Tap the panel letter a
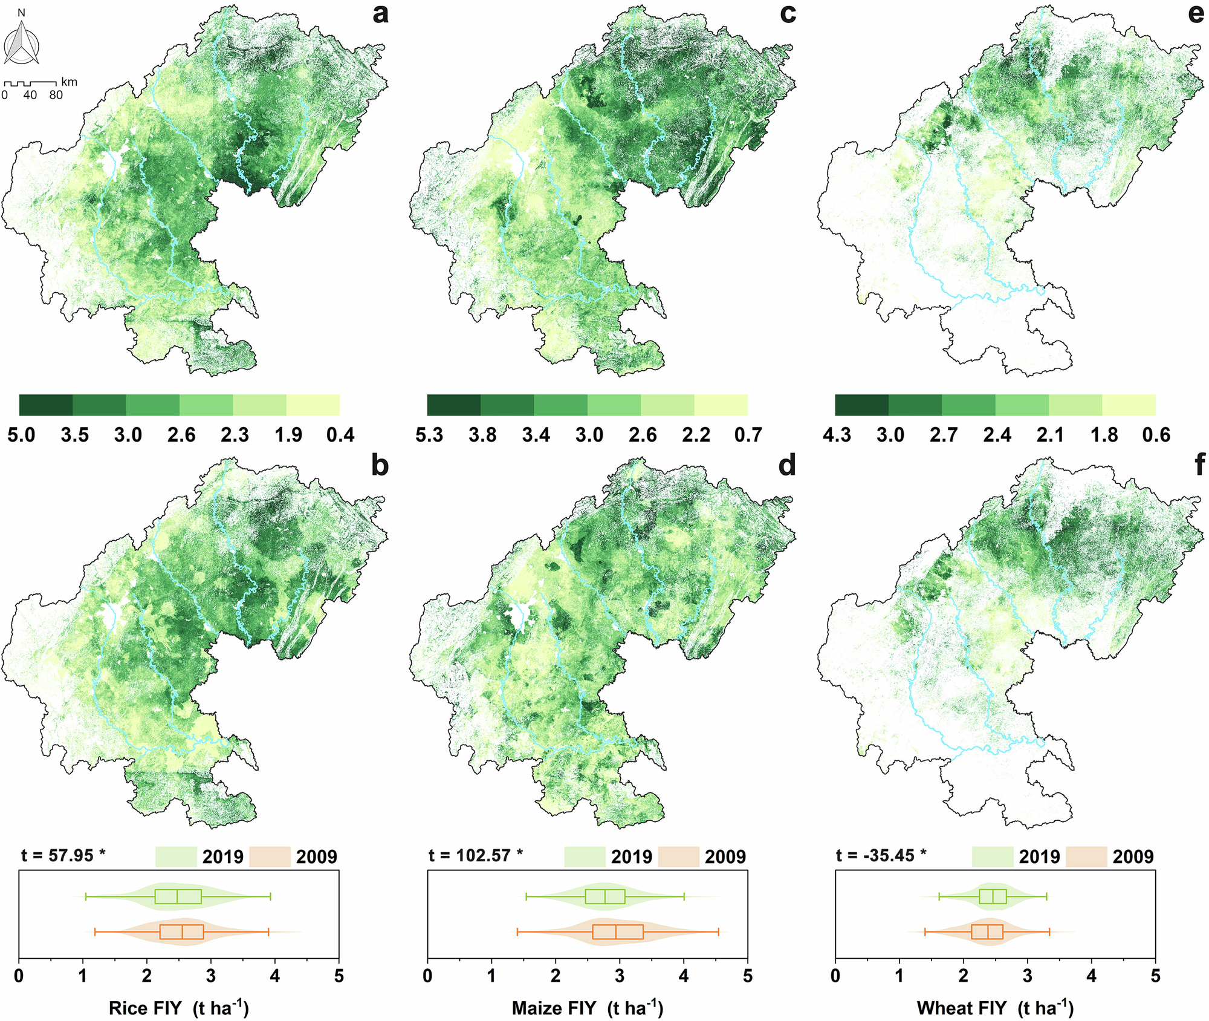click(380, 13)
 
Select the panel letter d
click(787, 466)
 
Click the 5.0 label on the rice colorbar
click(22, 435)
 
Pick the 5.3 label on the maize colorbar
click(429, 435)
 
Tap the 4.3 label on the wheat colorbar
click(837, 435)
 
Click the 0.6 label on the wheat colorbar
click(1156, 435)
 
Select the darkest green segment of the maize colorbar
click(454, 405)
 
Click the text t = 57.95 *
click(63, 855)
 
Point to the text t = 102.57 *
click(476, 855)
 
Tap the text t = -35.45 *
click(881, 855)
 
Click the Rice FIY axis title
click(179, 1008)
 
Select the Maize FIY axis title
click(588, 1008)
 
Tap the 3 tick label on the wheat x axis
click(1028, 976)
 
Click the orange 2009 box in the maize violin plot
click(618, 932)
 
